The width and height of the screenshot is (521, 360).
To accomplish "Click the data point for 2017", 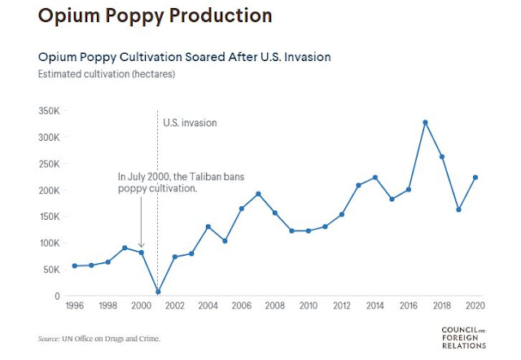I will coord(425,122).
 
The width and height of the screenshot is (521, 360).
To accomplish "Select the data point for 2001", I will coord(158,292).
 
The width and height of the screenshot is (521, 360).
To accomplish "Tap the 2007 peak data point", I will coord(258,194).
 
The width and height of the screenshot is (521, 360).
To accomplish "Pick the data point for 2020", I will coord(475,178).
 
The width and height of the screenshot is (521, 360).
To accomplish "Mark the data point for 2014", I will coord(375,177).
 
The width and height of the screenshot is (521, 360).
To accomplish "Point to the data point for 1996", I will coord(75,266).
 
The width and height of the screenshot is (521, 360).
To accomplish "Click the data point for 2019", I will coord(458,209).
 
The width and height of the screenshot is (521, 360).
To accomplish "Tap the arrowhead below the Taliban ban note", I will coord(141,245).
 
